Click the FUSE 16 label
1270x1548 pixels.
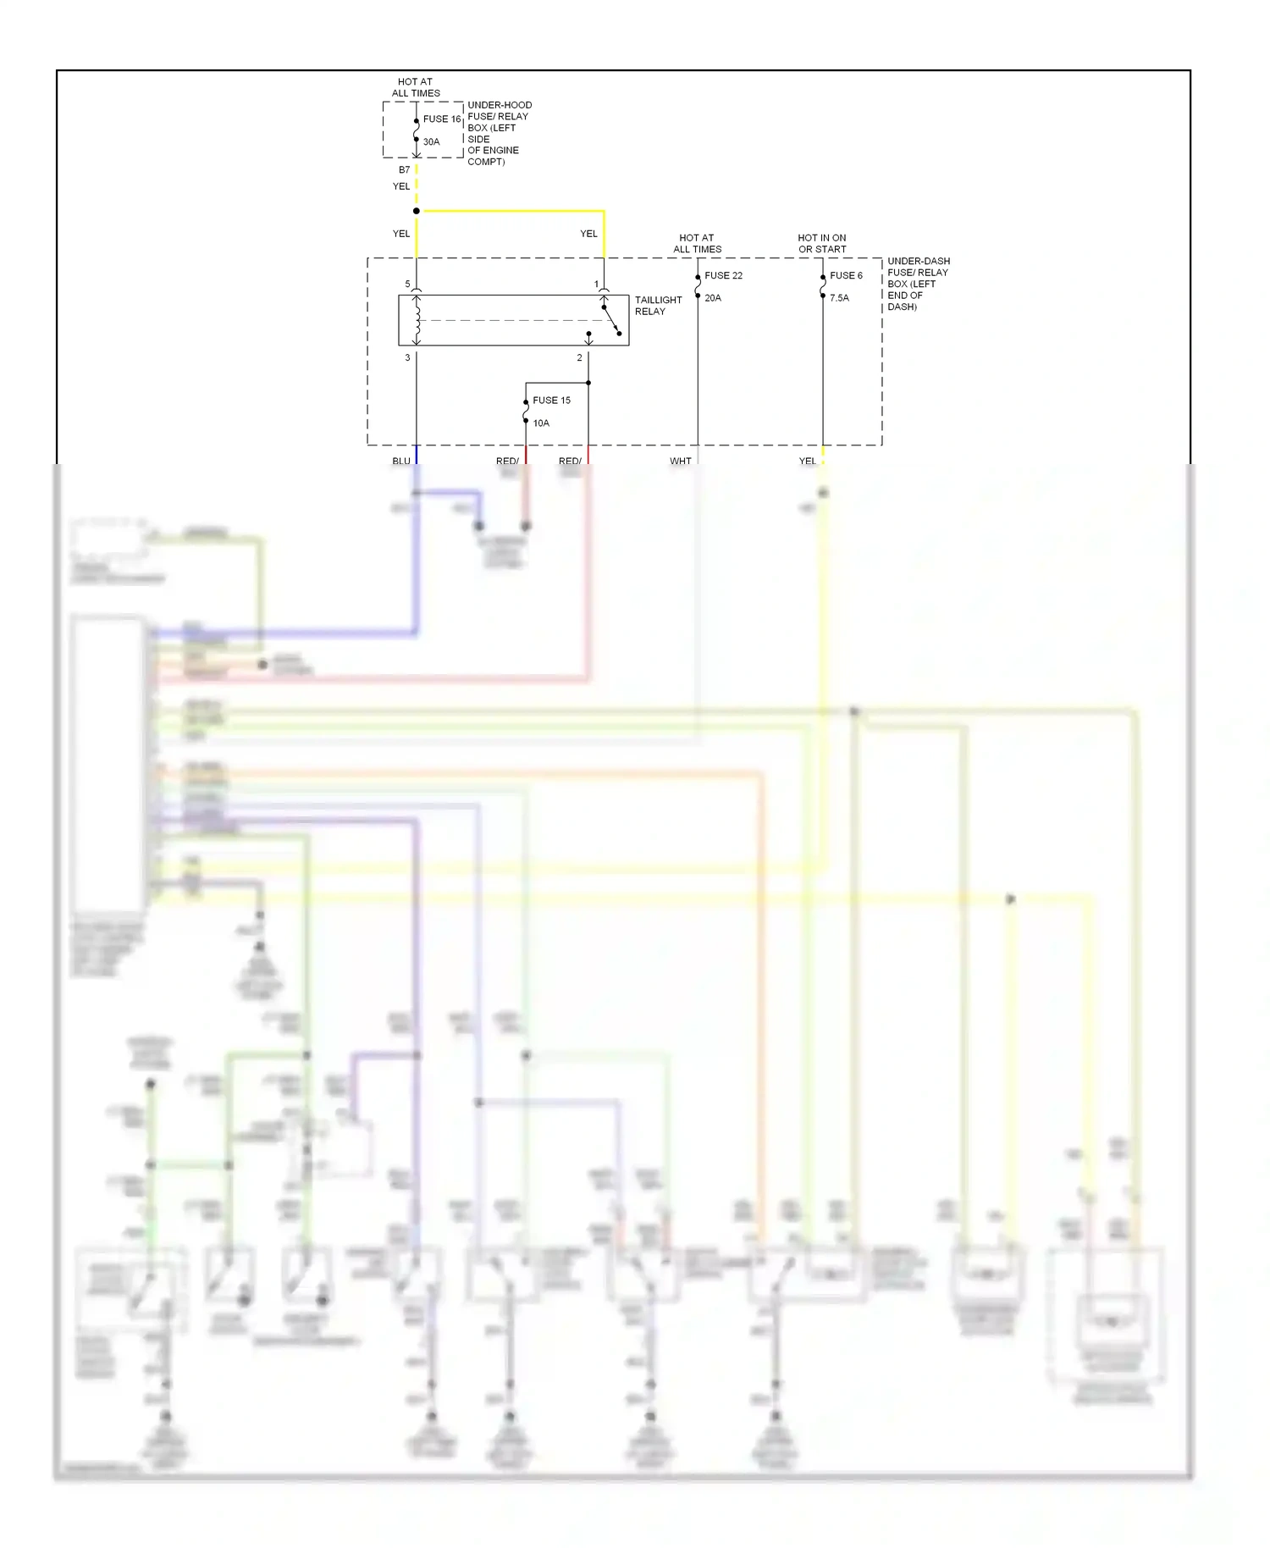point(442,119)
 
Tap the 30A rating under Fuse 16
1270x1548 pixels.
point(432,142)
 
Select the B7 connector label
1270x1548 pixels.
point(405,170)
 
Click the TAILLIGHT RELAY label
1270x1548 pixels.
point(658,306)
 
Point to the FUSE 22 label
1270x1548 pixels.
point(723,276)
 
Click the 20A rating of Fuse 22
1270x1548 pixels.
point(713,298)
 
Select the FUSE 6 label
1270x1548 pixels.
point(846,276)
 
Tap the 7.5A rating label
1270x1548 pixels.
point(839,298)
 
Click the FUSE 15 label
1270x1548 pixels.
point(551,401)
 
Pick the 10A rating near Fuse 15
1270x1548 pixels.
point(541,423)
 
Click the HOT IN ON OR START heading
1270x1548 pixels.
point(821,244)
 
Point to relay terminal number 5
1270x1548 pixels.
point(407,285)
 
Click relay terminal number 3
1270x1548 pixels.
point(407,358)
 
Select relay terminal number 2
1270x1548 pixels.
point(580,358)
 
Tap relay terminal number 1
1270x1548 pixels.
point(596,285)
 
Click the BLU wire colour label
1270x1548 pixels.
point(401,462)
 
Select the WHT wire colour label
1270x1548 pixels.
point(681,462)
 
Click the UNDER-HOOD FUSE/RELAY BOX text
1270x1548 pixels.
point(499,133)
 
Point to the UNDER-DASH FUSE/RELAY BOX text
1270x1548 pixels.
point(918,284)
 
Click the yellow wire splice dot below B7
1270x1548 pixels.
point(417,211)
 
